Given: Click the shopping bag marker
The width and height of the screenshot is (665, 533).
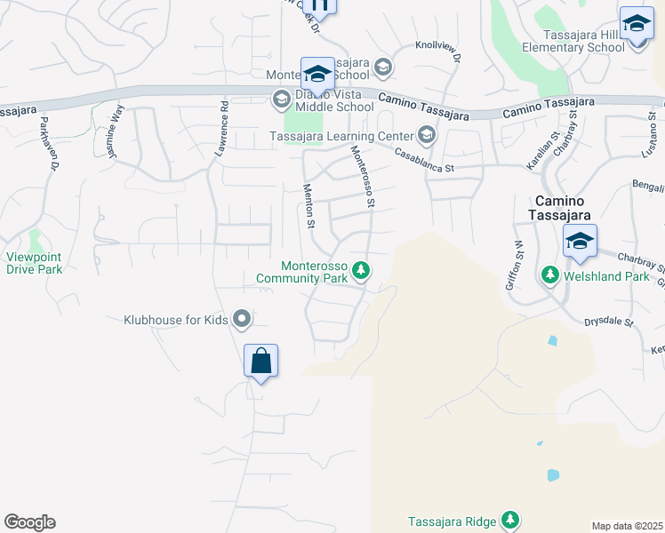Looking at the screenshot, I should [x=260, y=362].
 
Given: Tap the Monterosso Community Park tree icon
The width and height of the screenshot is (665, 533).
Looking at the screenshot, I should [x=361, y=270].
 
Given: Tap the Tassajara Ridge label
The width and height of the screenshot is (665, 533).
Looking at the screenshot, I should [x=453, y=521].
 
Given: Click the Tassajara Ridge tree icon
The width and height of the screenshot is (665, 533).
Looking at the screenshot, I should [x=510, y=520].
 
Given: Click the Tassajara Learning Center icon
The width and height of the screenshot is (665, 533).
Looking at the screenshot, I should [x=426, y=135].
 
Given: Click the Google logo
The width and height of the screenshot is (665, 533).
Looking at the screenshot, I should [x=29, y=522].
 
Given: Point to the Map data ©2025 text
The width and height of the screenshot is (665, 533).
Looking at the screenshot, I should [x=626, y=526].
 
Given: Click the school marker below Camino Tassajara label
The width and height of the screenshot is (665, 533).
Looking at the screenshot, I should [x=580, y=242].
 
